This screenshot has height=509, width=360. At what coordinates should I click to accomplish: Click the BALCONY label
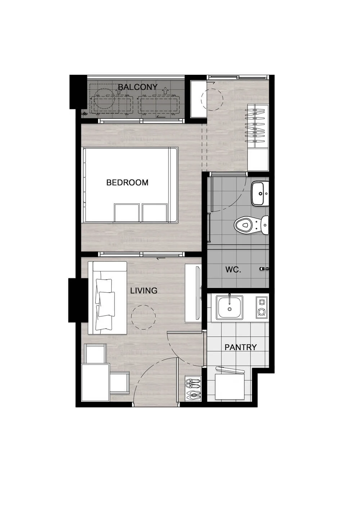pyautogui.click(x=138, y=87)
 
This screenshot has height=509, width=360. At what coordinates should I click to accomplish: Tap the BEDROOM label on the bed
pyautogui.click(x=127, y=183)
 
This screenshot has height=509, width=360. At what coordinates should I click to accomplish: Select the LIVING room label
pyautogui.click(x=144, y=290)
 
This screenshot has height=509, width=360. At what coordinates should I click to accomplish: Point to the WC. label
pyautogui.click(x=233, y=270)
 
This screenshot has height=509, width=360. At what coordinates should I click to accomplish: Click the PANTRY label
pyautogui.click(x=240, y=347)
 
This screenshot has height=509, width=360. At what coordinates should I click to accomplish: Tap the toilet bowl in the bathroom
pyautogui.click(x=251, y=225)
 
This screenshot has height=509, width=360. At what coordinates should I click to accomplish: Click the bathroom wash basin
pyautogui.click(x=260, y=194)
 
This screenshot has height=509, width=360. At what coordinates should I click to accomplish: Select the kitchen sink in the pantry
pyautogui.click(x=229, y=307)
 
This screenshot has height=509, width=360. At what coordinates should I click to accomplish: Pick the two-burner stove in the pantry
pyautogui.click(x=262, y=307)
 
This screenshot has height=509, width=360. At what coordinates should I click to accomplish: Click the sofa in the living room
pyautogui.click(x=107, y=298)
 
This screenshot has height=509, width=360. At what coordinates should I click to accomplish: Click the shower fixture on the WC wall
pyautogui.click(x=264, y=269)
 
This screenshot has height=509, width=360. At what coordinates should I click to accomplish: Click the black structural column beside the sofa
pyautogui.click(x=78, y=300)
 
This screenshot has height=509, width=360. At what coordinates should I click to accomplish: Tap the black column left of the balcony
pyautogui.click(x=78, y=92)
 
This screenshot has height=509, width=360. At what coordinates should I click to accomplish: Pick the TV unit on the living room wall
pyautogui.click(x=193, y=293)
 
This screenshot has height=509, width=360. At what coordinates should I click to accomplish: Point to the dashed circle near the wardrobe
pyautogui.click(x=212, y=99)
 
